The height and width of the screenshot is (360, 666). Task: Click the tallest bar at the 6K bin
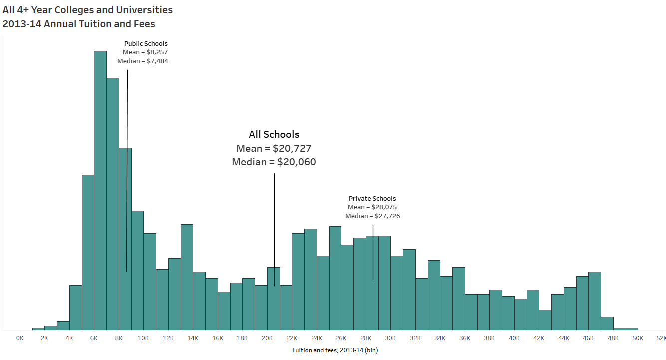click(100, 190)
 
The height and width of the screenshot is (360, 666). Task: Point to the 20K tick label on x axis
click(267, 338)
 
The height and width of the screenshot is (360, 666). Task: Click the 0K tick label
click(20, 338)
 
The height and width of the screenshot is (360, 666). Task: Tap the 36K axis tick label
click(464, 338)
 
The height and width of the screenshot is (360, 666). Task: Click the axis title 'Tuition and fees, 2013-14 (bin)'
click(334, 350)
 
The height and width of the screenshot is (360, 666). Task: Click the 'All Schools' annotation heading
click(274, 134)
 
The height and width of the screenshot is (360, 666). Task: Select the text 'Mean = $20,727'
click(274, 148)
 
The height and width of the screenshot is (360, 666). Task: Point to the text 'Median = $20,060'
click(274, 162)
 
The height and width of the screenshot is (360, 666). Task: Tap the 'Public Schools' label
click(146, 44)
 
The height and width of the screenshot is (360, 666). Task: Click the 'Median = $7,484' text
click(143, 61)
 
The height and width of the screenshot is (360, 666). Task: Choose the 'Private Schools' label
click(372, 199)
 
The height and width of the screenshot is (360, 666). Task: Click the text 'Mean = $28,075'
click(372, 207)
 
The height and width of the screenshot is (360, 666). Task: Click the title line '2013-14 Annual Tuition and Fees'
click(79, 24)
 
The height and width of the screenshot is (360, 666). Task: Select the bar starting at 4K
click(75, 307)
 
